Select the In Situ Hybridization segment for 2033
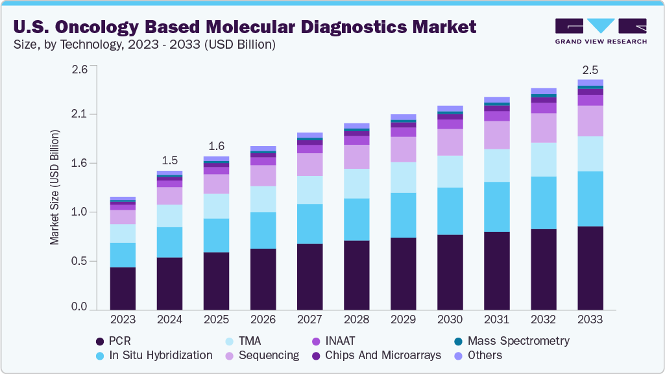click(x=590, y=199)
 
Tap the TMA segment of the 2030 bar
click(x=450, y=171)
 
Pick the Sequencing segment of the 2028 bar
click(x=356, y=156)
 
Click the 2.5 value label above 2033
click(x=590, y=69)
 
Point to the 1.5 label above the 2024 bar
click(x=169, y=160)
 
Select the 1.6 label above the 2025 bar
click(x=216, y=145)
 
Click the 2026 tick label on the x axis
click(x=263, y=319)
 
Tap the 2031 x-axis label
click(x=497, y=319)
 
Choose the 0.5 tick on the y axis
click(x=79, y=261)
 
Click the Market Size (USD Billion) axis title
click(x=54, y=187)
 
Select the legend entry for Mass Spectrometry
click(x=518, y=340)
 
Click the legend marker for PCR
click(x=100, y=341)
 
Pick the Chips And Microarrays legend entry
click(x=383, y=355)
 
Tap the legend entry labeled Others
click(x=485, y=355)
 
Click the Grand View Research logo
click(x=601, y=31)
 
